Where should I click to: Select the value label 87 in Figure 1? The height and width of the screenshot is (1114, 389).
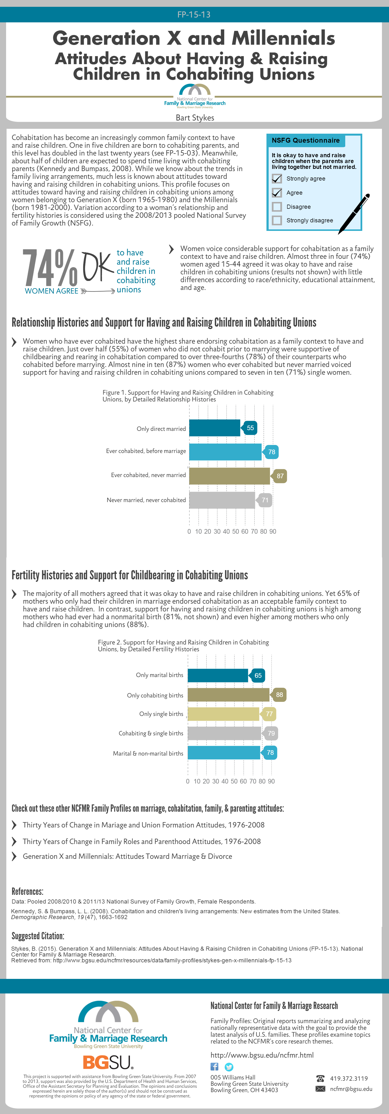pos(280,476)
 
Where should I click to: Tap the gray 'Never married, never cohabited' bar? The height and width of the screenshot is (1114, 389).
pos(222,500)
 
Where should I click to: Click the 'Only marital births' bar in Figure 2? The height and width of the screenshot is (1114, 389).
pos(218,675)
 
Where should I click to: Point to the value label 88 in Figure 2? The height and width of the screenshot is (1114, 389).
pos(280,695)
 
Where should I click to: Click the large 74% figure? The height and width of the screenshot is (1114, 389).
pos(50,268)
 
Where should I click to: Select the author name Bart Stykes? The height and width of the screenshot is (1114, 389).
pos(195,118)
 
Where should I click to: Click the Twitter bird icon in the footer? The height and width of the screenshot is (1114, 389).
pos(229,1067)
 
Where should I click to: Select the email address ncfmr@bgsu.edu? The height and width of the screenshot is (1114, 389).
pos(351,1089)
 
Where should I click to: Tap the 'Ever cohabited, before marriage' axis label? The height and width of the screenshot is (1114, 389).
pos(146,451)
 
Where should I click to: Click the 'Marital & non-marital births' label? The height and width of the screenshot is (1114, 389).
pos(148,753)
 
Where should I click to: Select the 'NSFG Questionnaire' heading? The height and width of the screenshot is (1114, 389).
pos(306,140)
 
